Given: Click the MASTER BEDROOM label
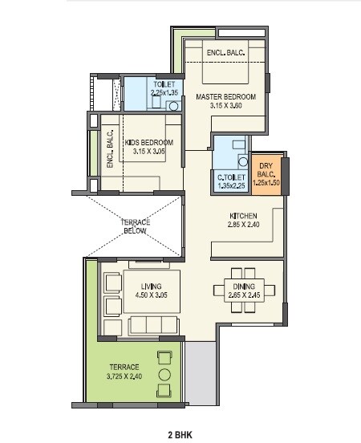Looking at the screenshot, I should [225, 97].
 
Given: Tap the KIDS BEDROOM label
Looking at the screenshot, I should [149, 143].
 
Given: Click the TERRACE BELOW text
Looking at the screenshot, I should [135, 226].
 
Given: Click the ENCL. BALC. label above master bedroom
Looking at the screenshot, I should [225, 54].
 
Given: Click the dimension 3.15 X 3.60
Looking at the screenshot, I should [225, 106].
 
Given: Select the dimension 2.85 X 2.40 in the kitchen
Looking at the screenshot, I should [243, 226].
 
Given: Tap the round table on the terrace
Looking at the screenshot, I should [164, 374].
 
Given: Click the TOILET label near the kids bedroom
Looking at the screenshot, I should [164, 83].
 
